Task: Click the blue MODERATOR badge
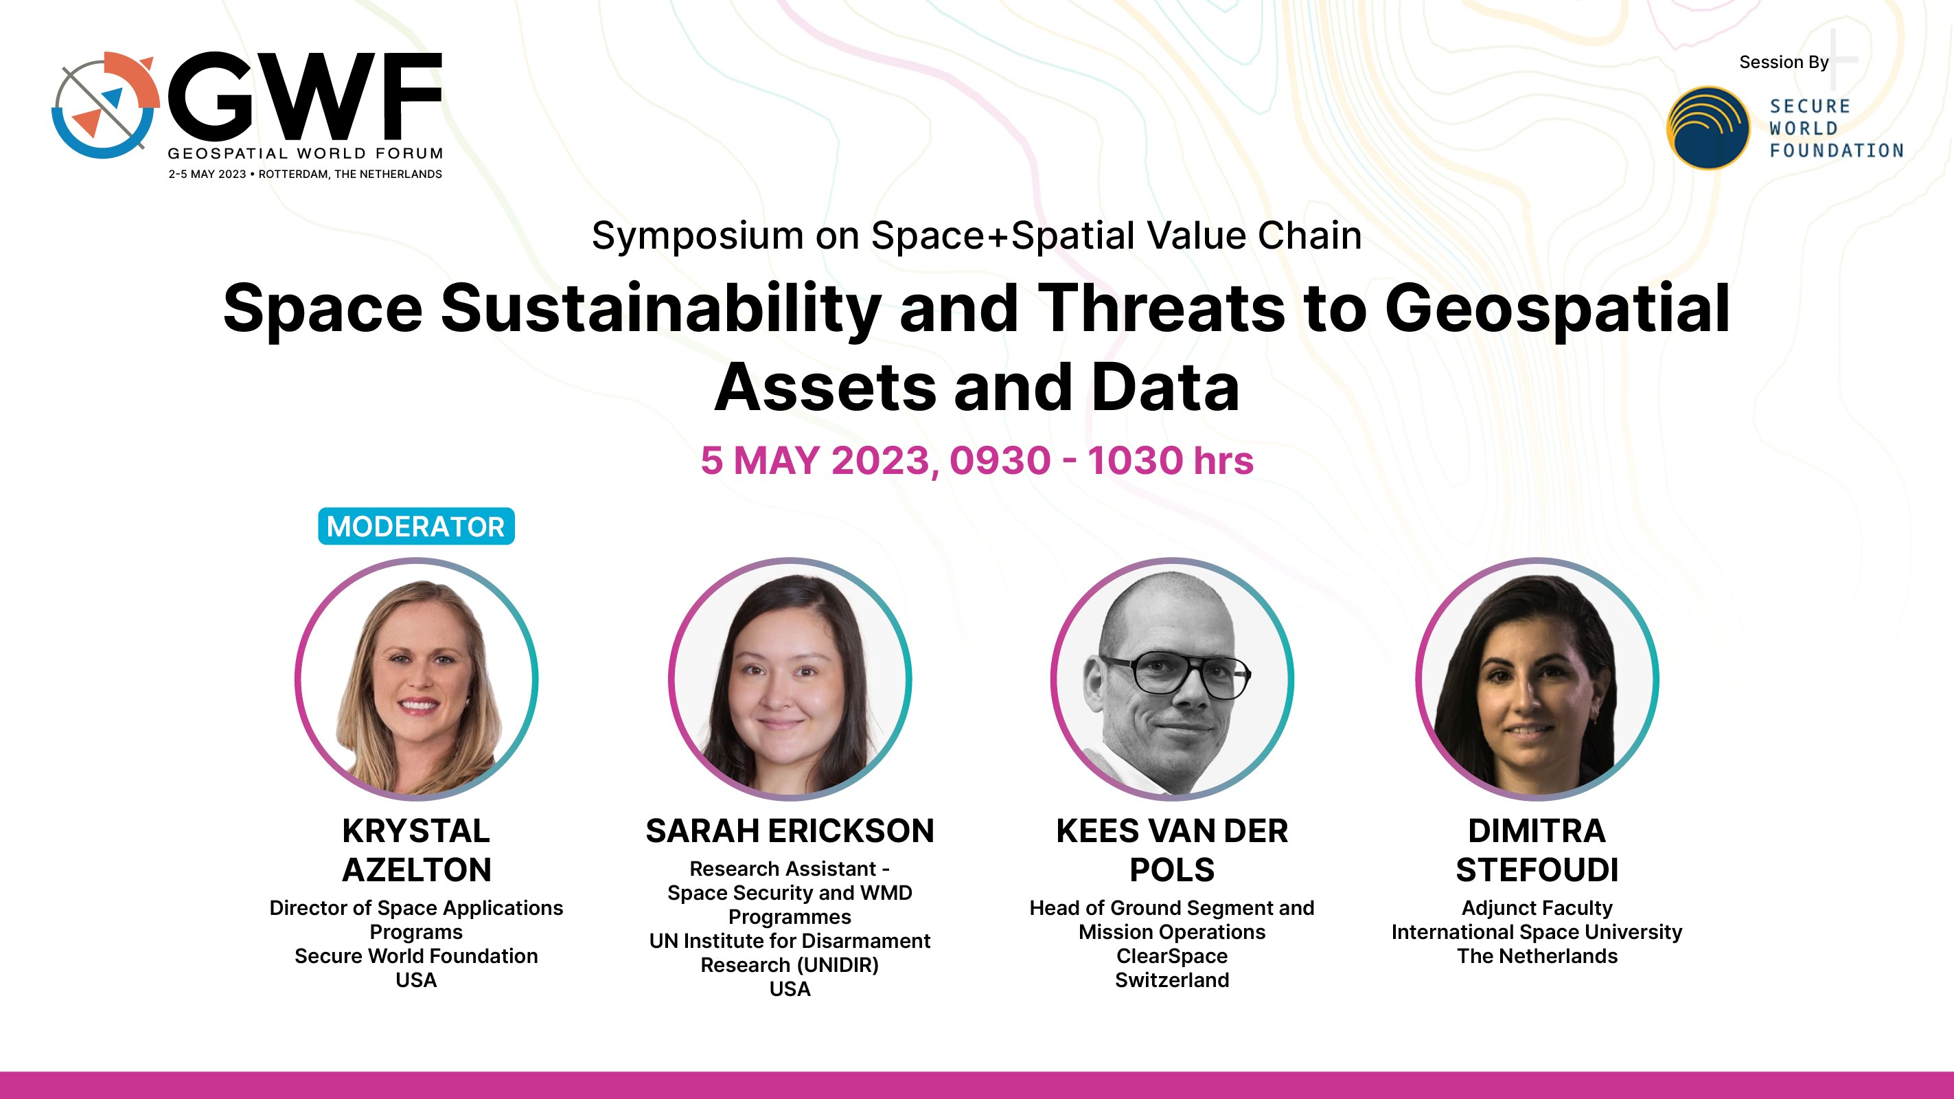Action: click(415, 526)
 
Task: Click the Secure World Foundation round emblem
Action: click(1708, 128)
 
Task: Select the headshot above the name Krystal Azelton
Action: click(417, 679)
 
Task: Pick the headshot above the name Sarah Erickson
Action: click(790, 679)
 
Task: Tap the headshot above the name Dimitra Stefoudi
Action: click(1537, 679)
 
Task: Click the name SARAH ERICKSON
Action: click(790, 830)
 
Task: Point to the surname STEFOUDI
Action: click(1537, 870)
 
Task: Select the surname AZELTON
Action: click(417, 870)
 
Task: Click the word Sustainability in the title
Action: click(660, 310)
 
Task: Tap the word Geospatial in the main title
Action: click(1557, 310)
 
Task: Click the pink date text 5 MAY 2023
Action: click(816, 460)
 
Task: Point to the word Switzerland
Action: click(1172, 980)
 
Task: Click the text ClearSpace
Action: click(1172, 955)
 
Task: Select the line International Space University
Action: click(1537, 932)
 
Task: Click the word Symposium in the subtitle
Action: click(698, 236)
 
